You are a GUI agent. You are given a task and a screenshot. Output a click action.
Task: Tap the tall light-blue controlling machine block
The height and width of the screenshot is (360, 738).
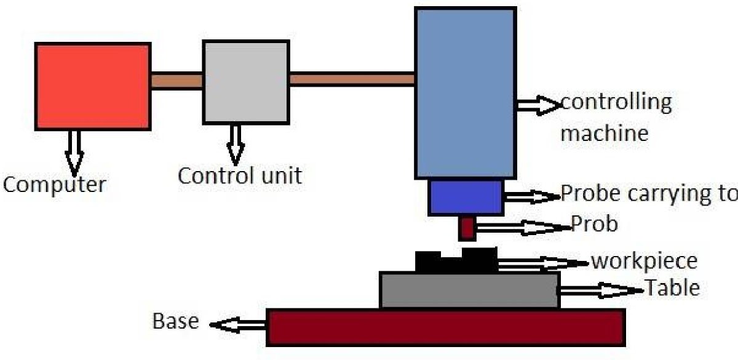click(x=465, y=92)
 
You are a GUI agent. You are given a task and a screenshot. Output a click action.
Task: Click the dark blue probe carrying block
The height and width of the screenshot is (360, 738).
click(x=466, y=196)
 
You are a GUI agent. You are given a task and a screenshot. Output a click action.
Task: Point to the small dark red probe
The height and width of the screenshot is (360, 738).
click(x=466, y=228)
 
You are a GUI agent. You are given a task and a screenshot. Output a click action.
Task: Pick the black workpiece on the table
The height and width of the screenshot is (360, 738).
click(x=456, y=261)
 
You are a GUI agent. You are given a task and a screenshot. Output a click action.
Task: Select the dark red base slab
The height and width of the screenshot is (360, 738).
click(x=446, y=327)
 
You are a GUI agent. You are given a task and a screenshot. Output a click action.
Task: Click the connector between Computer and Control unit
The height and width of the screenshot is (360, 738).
click(x=177, y=81)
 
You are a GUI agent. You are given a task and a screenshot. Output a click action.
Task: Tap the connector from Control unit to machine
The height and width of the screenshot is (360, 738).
click(x=352, y=79)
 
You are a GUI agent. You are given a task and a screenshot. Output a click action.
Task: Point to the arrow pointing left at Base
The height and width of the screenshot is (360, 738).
click(x=237, y=324)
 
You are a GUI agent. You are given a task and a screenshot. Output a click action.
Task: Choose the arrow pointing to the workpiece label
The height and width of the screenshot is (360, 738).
click(x=541, y=264)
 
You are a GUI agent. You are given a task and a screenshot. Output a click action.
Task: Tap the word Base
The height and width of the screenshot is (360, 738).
click(x=175, y=321)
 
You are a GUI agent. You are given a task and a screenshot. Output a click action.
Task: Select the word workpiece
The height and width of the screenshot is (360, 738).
click(x=644, y=261)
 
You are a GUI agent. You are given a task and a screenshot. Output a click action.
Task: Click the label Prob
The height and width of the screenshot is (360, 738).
click(x=594, y=224)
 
